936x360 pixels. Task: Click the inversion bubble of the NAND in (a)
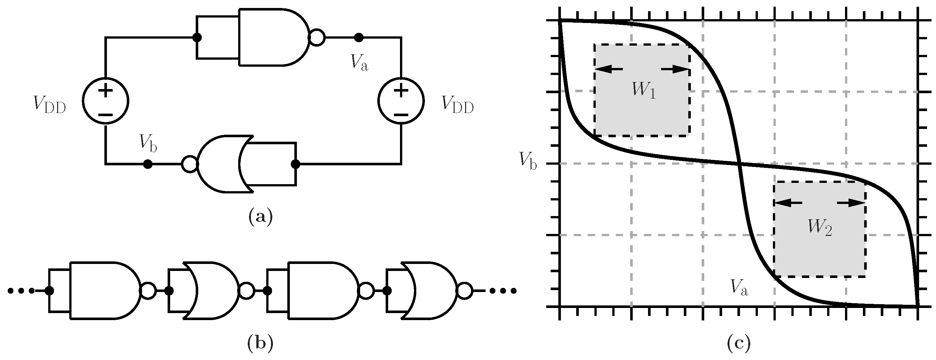coord(317,37)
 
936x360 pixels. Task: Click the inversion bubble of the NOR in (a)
coord(189,164)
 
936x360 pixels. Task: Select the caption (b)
coord(260,343)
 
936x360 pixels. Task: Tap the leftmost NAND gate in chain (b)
coord(102,290)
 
